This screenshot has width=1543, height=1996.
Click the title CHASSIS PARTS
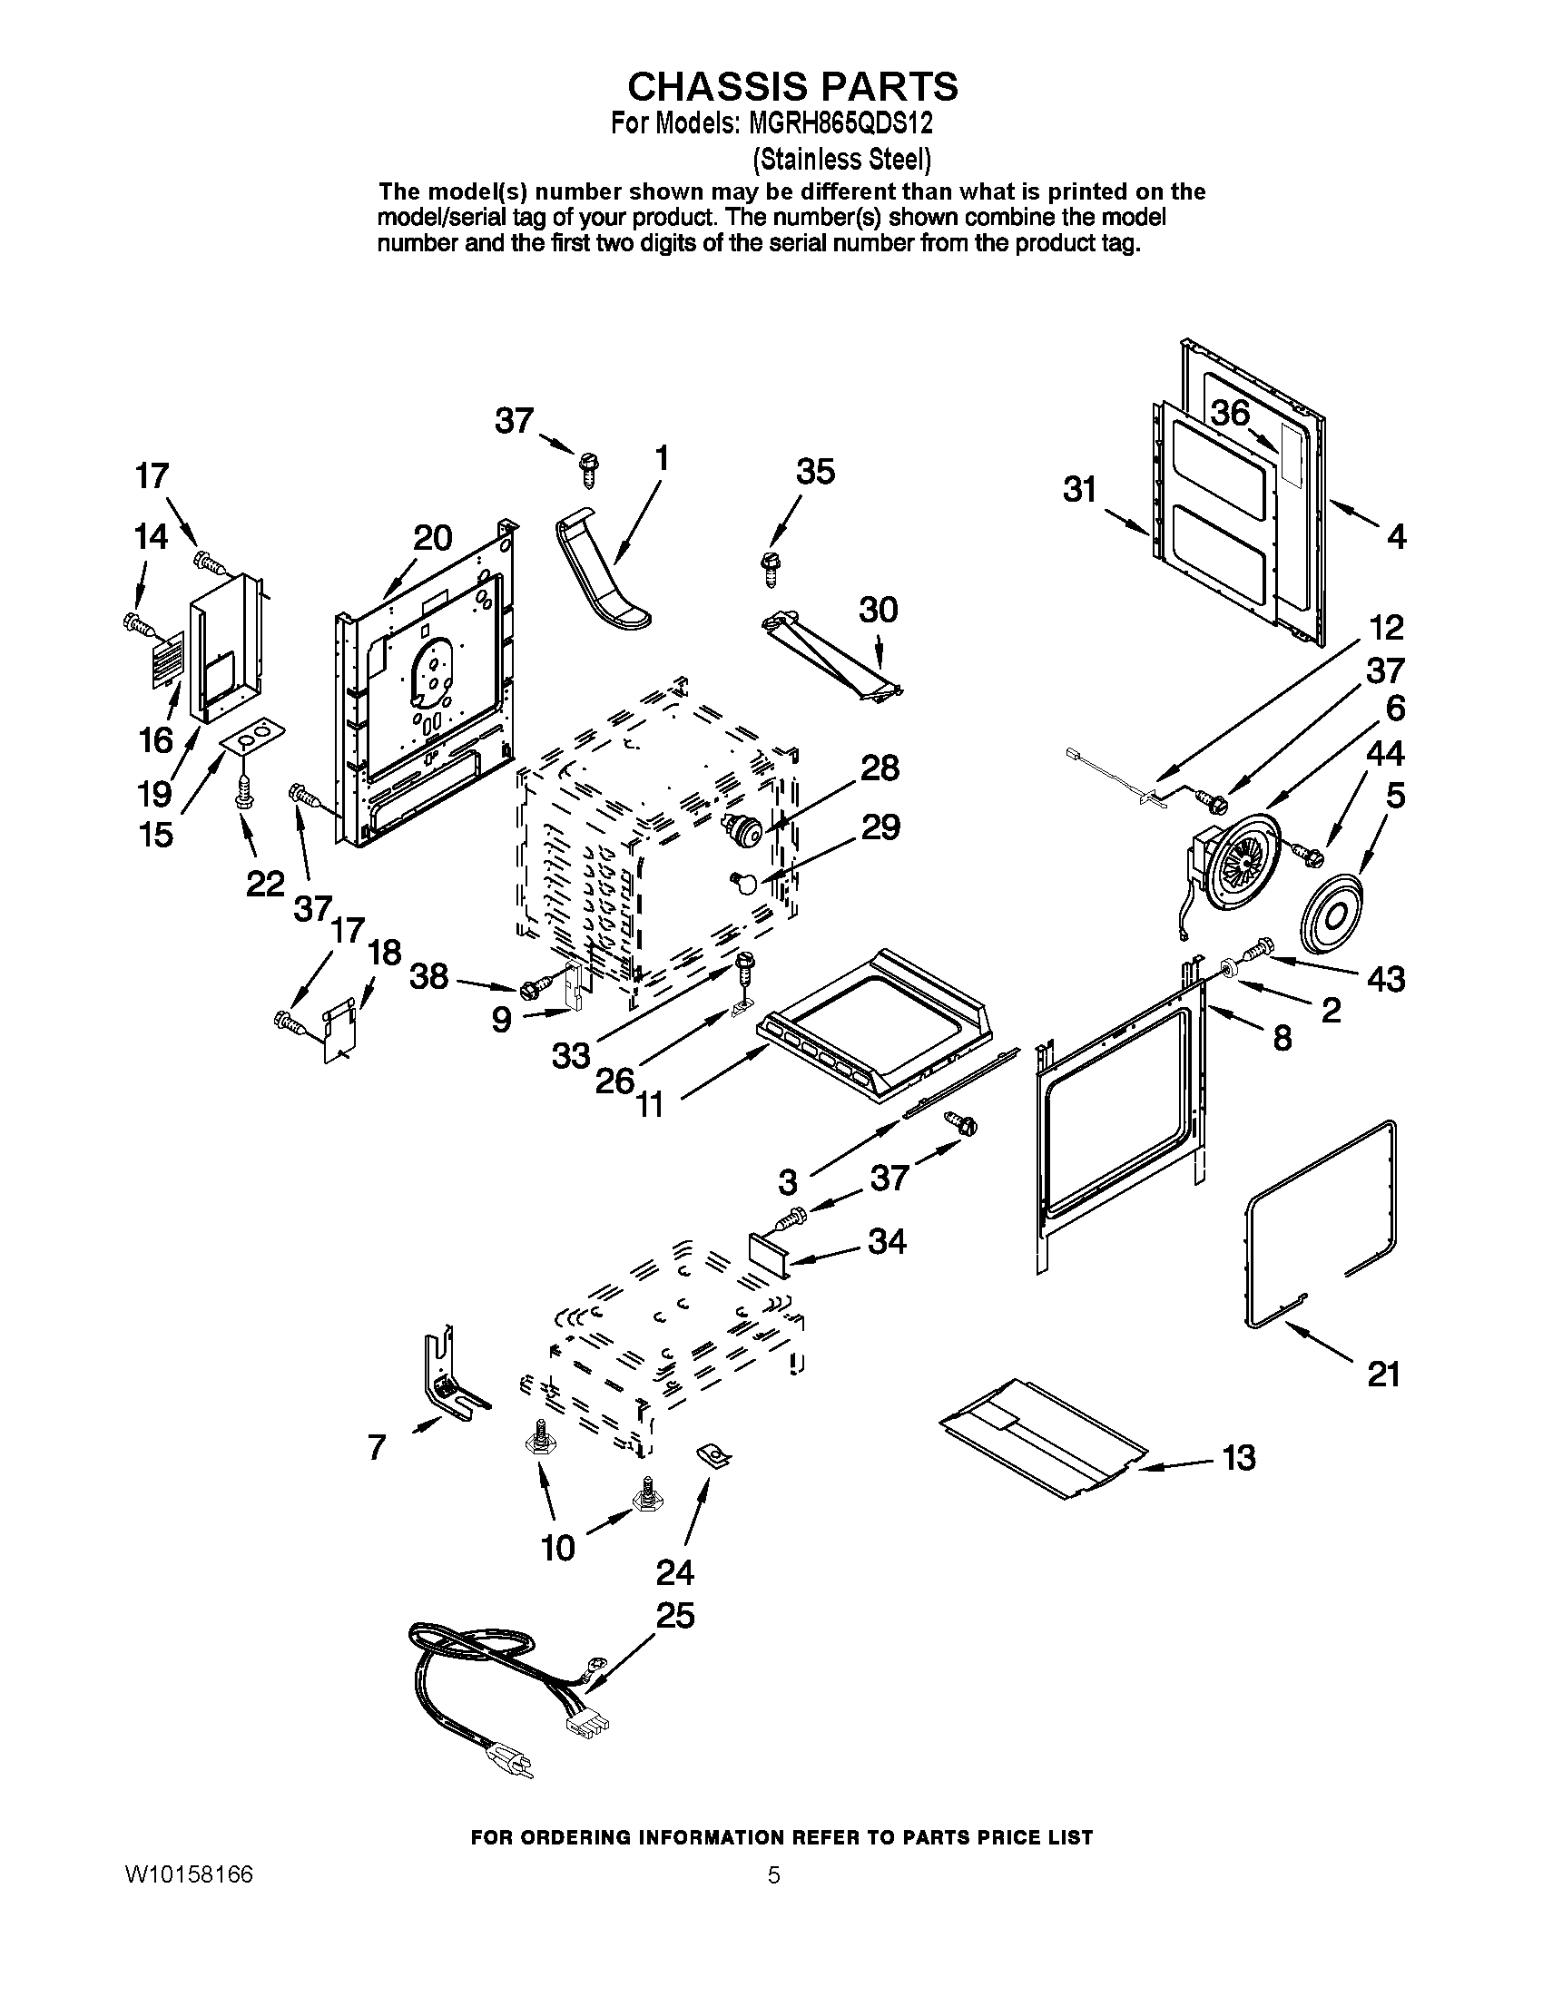click(x=791, y=86)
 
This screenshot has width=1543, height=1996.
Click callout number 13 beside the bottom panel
click(x=1239, y=1457)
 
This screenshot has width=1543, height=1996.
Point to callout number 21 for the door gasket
click(x=1383, y=1374)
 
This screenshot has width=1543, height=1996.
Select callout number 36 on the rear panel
click(x=1231, y=413)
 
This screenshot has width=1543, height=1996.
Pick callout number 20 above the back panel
click(x=431, y=538)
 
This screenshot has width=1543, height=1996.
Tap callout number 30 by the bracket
click(x=879, y=609)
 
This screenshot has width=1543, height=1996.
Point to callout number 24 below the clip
click(x=674, y=1572)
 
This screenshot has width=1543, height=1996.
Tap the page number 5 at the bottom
click(x=773, y=1875)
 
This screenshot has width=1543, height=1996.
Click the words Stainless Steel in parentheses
click(x=841, y=159)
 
